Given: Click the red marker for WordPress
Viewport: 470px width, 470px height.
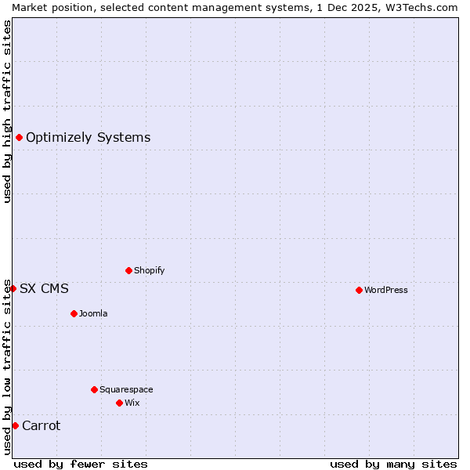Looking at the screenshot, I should coord(359,290).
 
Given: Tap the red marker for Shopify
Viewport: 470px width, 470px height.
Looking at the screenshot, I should coord(128,270).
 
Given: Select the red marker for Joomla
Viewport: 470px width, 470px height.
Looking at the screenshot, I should coord(74,313).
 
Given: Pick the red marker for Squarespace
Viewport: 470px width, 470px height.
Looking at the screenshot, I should coord(94,389).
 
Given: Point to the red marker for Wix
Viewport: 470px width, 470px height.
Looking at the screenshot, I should coord(119,403).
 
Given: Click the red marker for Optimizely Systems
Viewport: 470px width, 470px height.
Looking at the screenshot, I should coord(19,138).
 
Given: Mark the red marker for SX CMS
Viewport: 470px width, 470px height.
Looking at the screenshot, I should coord(13,288).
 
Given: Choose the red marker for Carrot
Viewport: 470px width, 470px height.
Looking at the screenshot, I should coord(15,425).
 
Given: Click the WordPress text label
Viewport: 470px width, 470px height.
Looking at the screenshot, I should coord(386,290).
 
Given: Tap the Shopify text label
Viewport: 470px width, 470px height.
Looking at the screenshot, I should coord(150,270).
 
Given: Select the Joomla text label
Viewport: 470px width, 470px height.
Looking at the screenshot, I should coord(93,313).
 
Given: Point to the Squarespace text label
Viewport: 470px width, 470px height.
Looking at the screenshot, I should coord(126,389).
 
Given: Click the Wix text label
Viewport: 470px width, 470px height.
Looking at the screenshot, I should coord(132,403).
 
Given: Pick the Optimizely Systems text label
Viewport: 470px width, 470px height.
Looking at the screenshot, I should coord(89,138).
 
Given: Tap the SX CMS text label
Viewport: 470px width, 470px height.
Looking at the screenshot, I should coord(44,288).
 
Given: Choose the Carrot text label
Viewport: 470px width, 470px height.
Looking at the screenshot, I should coord(42,425).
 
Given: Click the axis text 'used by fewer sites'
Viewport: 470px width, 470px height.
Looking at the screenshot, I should coord(81,464).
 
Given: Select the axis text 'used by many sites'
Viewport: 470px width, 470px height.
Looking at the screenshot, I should coord(393,464).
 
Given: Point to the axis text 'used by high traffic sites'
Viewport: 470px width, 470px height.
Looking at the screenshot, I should coord(7,111).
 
